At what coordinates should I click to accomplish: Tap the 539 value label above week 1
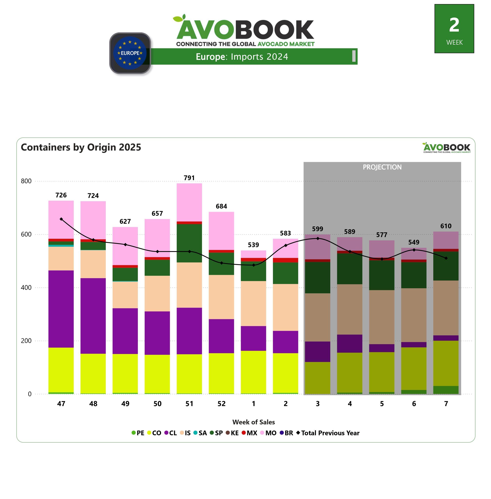pyautogui.click(x=253, y=245)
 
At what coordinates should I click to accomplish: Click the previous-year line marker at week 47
pyautogui.click(x=61, y=219)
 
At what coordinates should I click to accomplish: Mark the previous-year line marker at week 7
pyautogui.click(x=446, y=258)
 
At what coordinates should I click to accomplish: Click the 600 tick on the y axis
pyautogui.click(x=26, y=234)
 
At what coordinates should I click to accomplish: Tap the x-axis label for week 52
pyautogui.click(x=221, y=404)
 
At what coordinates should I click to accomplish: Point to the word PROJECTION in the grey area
pyautogui.click(x=382, y=167)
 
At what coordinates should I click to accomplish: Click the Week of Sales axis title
pyautogui.click(x=253, y=422)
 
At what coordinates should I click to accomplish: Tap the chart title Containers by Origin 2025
pyautogui.click(x=81, y=147)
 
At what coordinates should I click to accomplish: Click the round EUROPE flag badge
pyautogui.click(x=130, y=53)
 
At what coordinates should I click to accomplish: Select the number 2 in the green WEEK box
pyautogui.click(x=454, y=25)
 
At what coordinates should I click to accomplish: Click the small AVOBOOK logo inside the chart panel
pyautogui.click(x=446, y=148)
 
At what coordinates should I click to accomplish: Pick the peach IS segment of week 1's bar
pyautogui.click(x=253, y=303)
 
